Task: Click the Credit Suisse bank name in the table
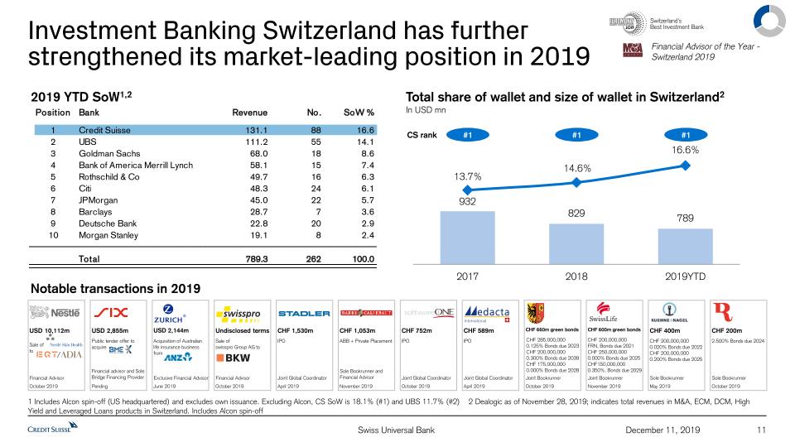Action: pyautogui.click(x=108, y=131)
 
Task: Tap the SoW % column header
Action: pyautogui.click(x=359, y=112)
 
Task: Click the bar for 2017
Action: pyautogui.click(x=469, y=236)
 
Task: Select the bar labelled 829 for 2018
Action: pyautogui.click(x=576, y=243)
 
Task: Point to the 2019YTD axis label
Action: pyautogui.click(x=686, y=276)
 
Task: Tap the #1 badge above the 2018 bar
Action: pyautogui.click(x=577, y=134)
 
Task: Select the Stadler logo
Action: pyautogui.click(x=304, y=314)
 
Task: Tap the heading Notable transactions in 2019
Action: pyautogui.click(x=115, y=288)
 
